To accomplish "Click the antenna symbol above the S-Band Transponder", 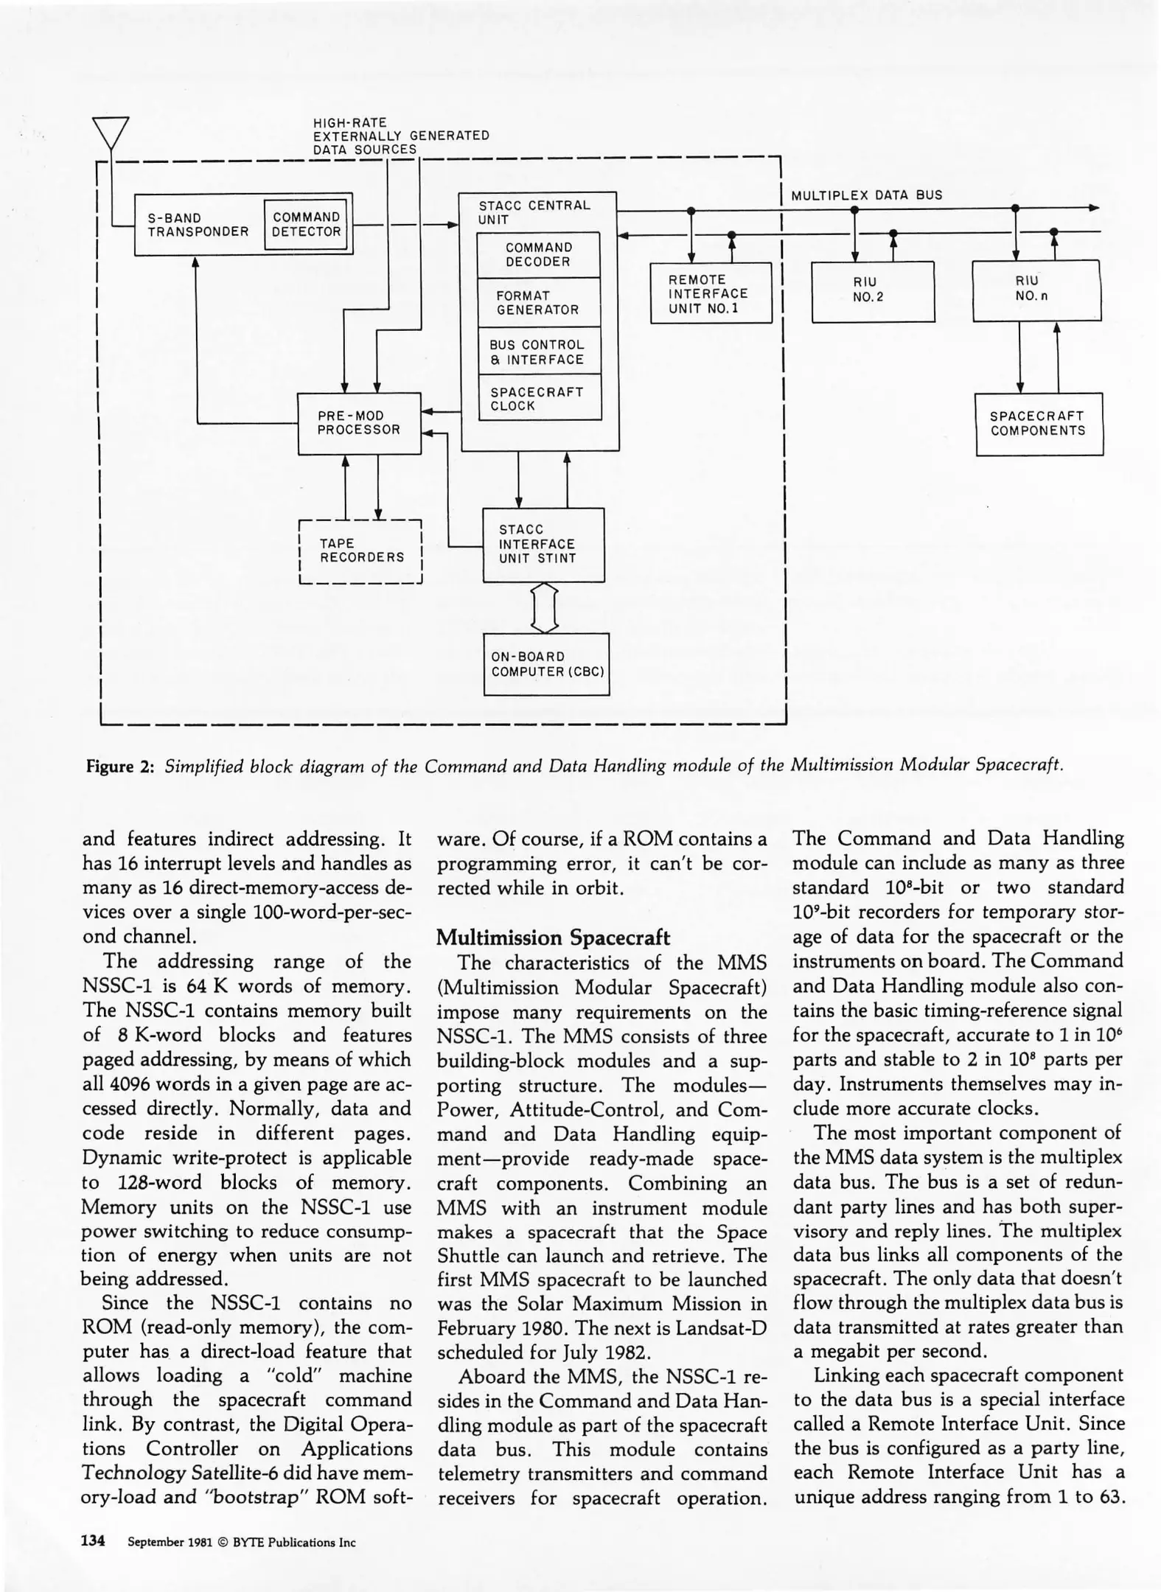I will click(111, 133).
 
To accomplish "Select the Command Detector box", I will click(306, 225).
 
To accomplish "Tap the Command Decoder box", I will click(538, 255).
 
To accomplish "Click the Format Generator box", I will click(538, 303).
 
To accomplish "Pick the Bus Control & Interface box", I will click(538, 352).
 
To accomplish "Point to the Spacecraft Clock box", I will click(538, 399).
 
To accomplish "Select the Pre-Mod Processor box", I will click(359, 423).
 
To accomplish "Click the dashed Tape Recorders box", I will click(360, 551).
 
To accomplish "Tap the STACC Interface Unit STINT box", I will click(543, 545).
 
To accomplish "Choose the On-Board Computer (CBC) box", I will click(546, 664).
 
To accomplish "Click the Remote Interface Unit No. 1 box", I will click(711, 294).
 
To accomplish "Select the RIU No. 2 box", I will click(873, 292).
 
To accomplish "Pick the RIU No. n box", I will click(1036, 290).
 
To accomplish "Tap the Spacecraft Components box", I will click(1039, 425).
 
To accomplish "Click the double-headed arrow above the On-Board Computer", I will click(544, 608).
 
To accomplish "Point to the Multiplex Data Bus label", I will click(866, 196).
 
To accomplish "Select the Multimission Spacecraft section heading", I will click(553, 938).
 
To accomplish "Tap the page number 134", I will click(94, 1541).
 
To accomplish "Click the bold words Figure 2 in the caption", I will click(120, 766).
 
